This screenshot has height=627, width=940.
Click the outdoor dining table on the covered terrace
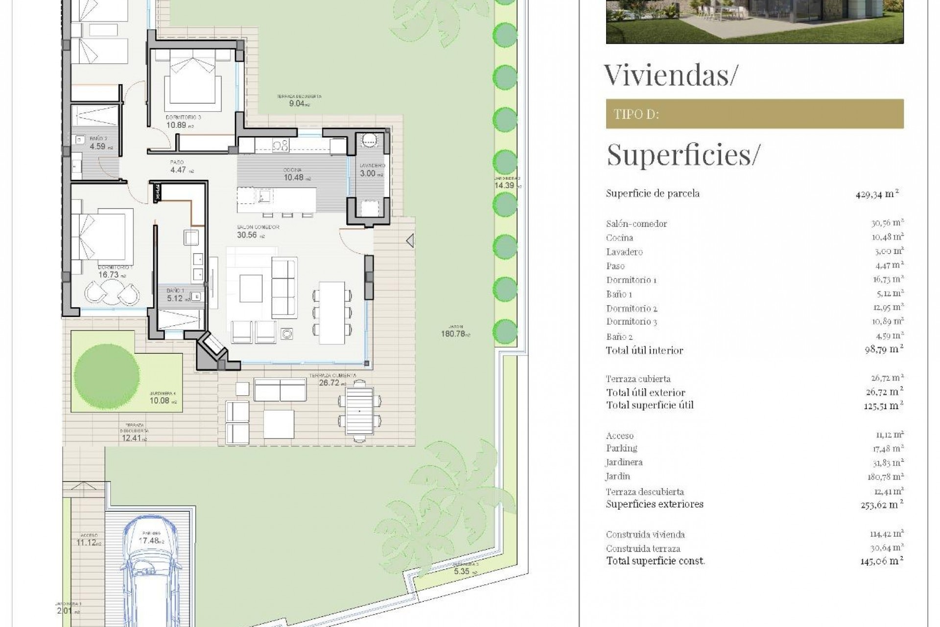359,411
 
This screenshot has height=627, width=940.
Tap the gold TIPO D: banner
754,114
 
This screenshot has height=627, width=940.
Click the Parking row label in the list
621,448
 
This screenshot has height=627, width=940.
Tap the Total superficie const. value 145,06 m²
881,561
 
